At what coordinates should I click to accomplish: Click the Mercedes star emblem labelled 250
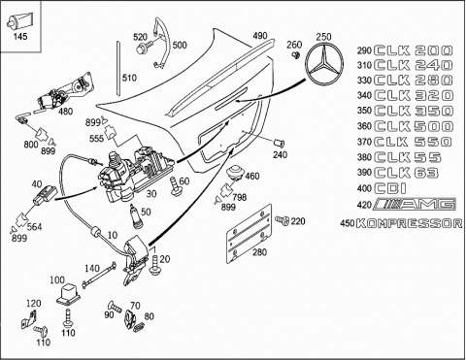click(x=324, y=63)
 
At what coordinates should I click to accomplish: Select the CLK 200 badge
click(x=414, y=50)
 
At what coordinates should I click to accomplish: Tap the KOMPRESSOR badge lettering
click(x=410, y=223)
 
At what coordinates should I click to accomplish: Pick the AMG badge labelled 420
click(x=415, y=204)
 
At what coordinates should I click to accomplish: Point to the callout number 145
click(x=20, y=36)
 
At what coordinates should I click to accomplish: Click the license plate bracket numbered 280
click(x=249, y=234)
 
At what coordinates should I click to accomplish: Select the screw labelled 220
click(x=283, y=220)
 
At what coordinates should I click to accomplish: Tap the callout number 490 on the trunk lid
click(x=260, y=36)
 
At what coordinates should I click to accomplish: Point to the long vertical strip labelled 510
click(x=118, y=68)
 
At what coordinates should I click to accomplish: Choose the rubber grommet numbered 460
click(x=235, y=173)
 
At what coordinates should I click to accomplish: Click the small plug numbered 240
click(x=280, y=143)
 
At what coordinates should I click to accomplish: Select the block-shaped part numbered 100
click(x=67, y=294)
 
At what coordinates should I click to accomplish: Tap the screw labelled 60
click(x=175, y=186)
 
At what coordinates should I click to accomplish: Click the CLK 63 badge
click(x=407, y=173)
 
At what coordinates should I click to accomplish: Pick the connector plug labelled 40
click(x=45, y=194)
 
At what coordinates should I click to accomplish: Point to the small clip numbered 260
click(x=295, y=55)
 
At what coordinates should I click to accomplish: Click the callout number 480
click(x=66, y=112)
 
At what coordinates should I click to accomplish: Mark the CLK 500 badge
click(x=414, y=126)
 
